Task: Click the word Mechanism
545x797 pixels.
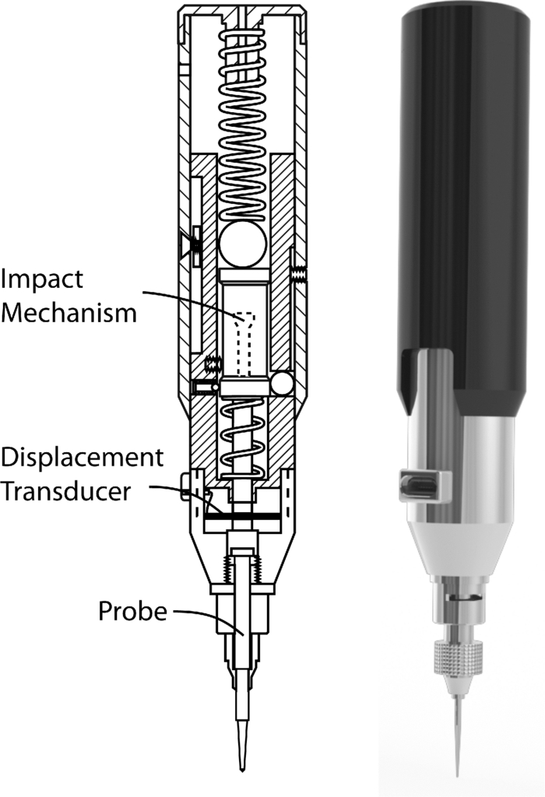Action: pos(69,313)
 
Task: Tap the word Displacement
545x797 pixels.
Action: pos(82,457)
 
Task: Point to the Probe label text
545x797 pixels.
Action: pos(132,612)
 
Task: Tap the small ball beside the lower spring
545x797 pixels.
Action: pos(281,383)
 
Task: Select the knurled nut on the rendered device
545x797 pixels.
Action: pos(457,658)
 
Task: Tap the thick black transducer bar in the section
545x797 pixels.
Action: pos(243,515)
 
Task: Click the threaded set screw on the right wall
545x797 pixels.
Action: pos(299,273)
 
